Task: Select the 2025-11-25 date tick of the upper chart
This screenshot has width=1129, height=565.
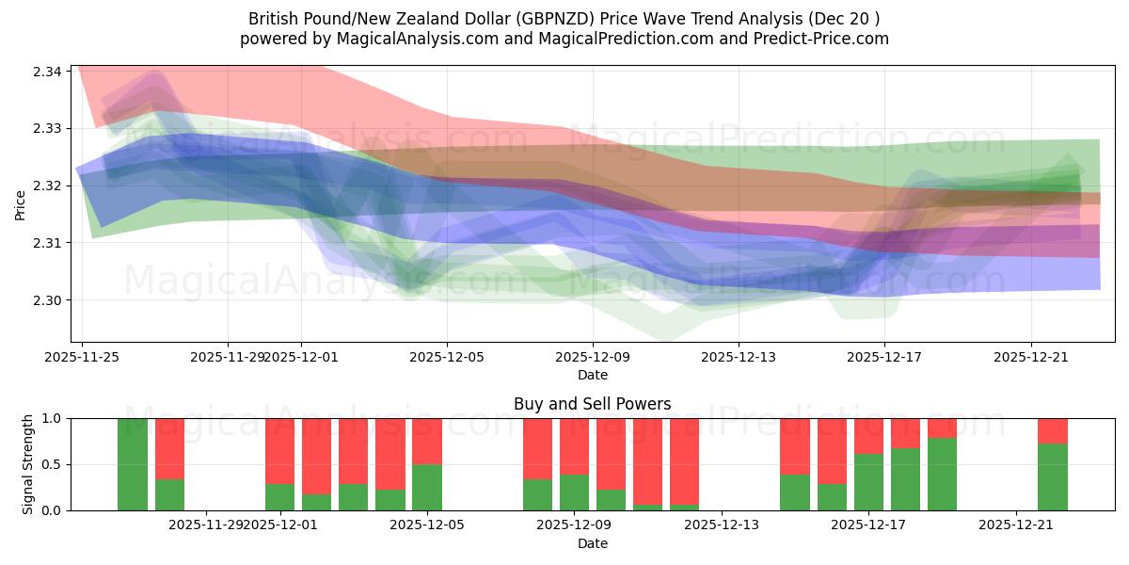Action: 82,357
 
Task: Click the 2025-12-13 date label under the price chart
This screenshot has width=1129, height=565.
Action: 738,357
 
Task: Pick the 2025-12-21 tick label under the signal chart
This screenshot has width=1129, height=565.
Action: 1016,524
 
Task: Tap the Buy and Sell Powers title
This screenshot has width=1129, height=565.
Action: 592,404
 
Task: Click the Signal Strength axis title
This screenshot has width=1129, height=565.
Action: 28,464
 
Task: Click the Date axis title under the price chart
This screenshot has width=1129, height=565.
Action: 592,375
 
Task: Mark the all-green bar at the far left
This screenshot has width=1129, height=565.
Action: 133,464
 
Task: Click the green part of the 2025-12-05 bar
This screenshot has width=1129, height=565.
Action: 427,487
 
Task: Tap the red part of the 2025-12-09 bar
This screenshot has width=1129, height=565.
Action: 574,445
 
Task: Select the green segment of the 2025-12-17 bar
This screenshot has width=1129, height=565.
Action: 868,482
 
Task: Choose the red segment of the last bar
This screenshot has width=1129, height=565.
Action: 1053,430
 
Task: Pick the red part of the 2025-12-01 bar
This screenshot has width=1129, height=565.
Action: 279,450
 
